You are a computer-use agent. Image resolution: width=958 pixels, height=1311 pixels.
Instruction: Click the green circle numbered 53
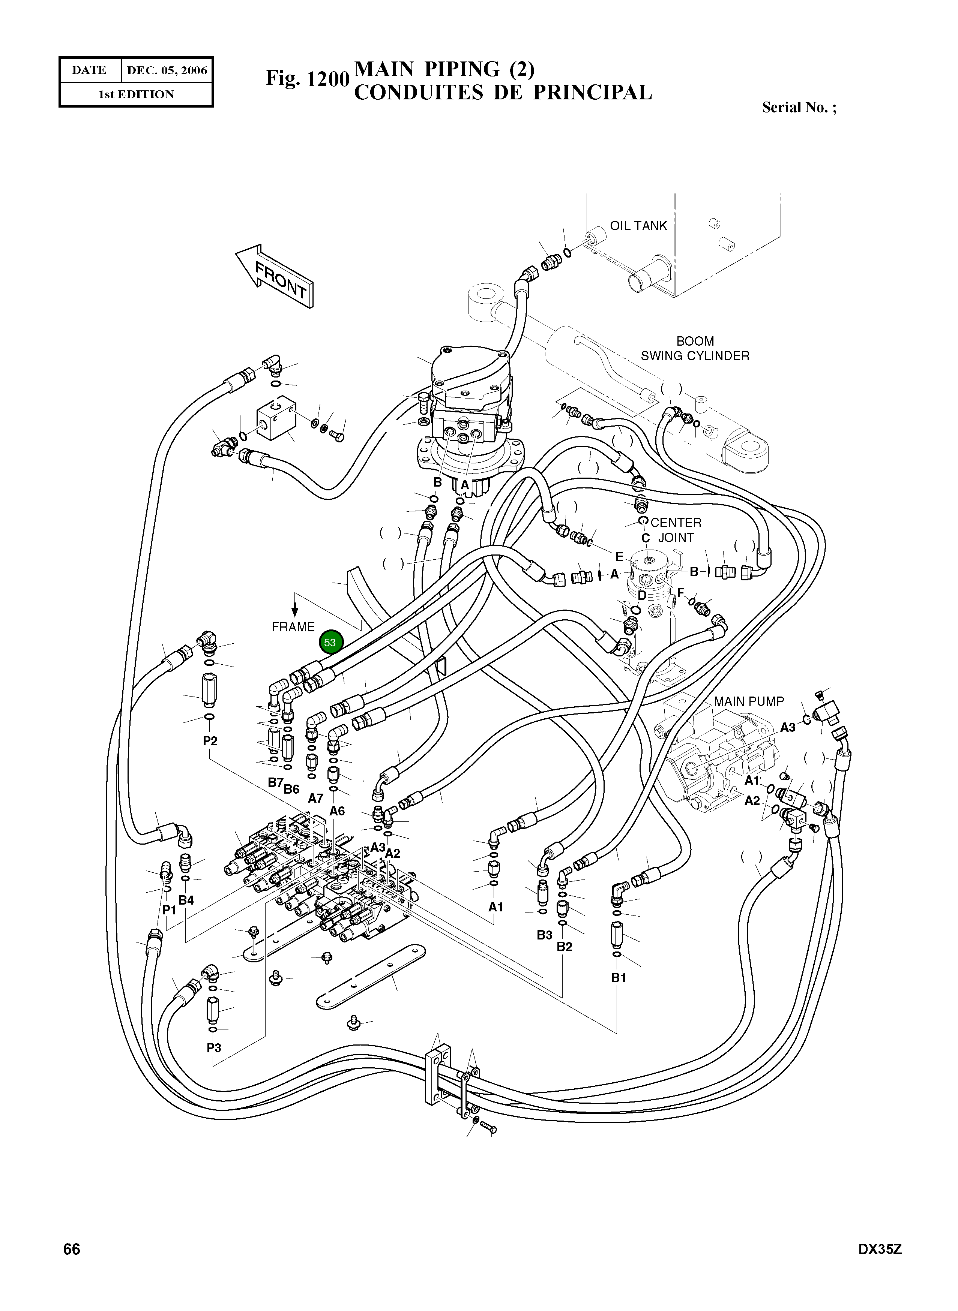coord(330,642)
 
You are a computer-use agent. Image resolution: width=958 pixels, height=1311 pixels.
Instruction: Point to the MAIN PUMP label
coord(749,701)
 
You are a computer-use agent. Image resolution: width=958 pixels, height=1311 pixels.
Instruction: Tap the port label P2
coord(210,741)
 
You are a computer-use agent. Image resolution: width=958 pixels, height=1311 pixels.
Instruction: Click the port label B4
coord(186,900)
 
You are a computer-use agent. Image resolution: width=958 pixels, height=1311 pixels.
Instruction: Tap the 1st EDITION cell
coord(136,94)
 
